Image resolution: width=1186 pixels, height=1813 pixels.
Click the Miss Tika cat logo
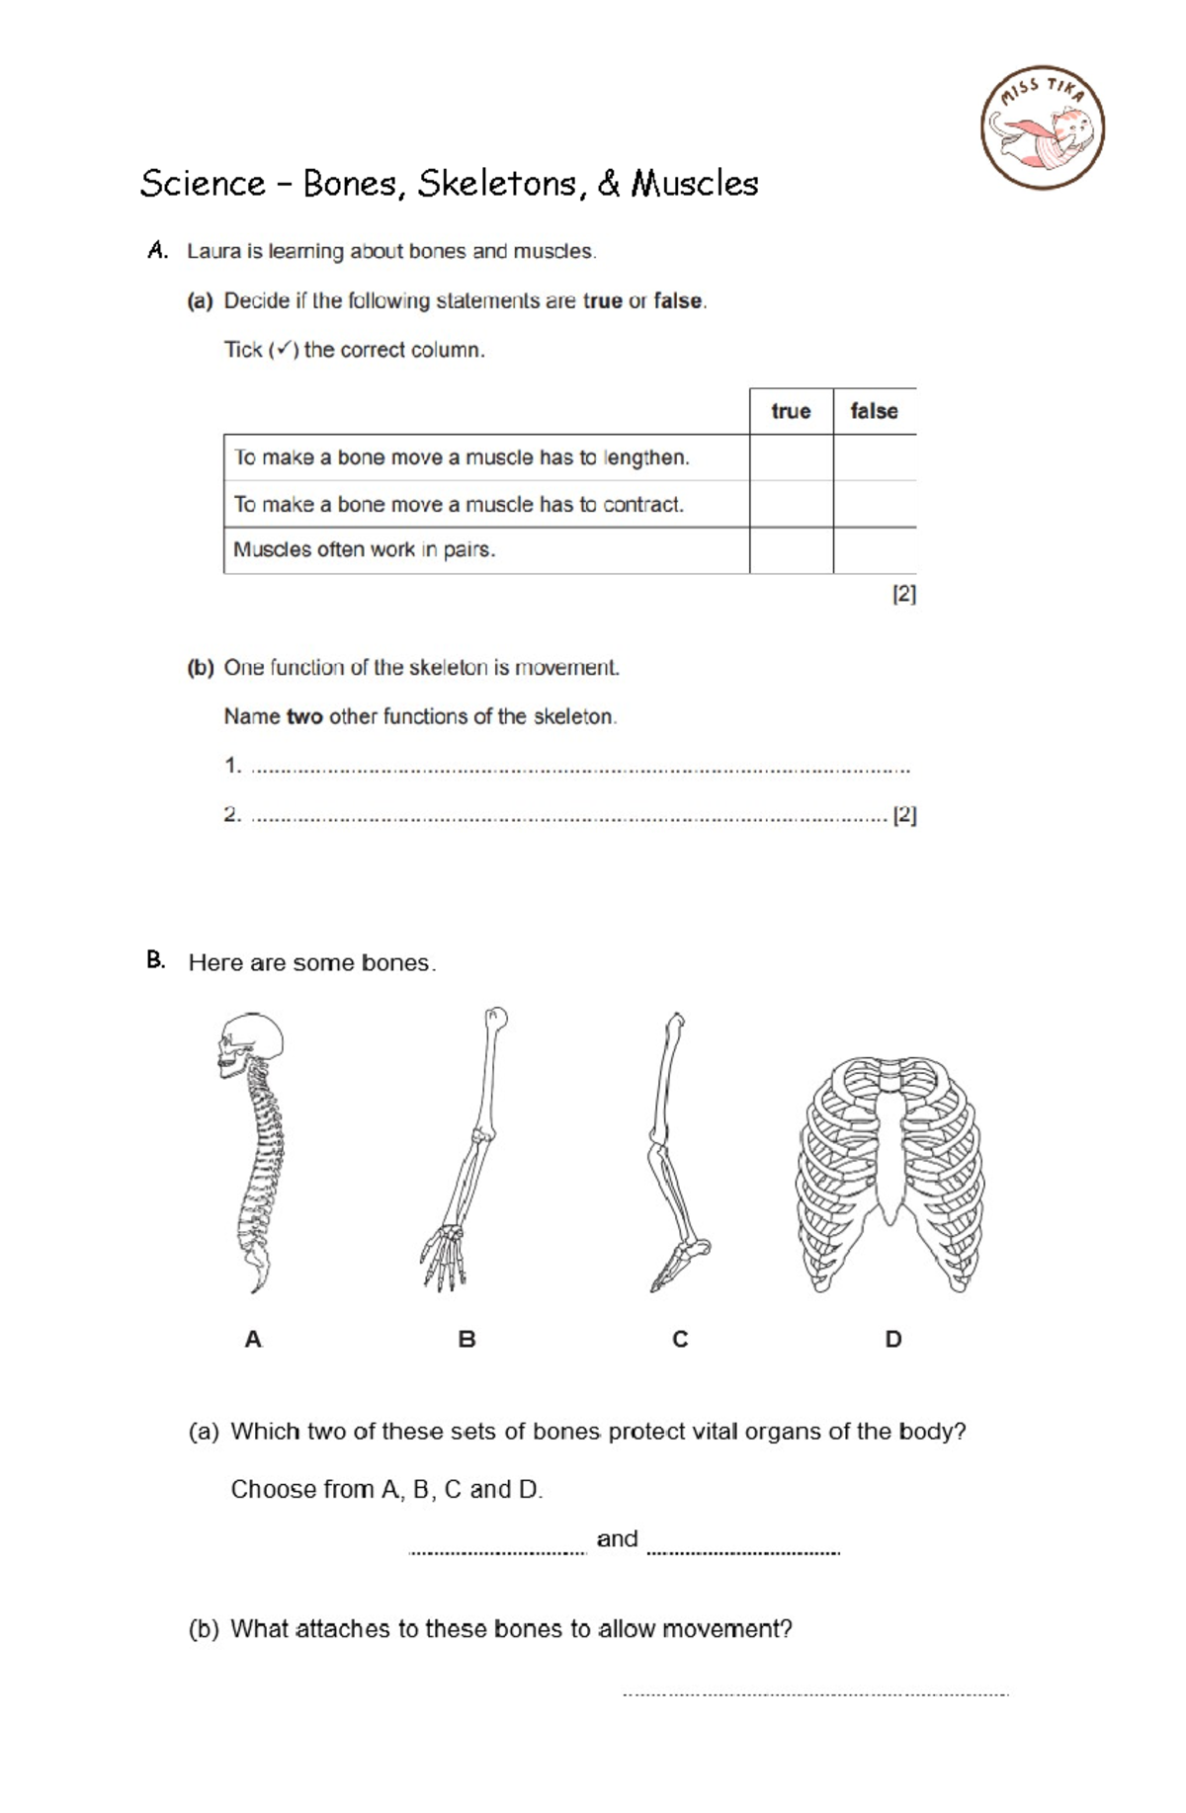pyautogui.click(x=1043, y=128)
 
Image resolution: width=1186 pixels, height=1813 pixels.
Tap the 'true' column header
pyautogui.click(x=791, y=411)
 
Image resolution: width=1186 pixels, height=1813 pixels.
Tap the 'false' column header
pyautogui.click(x=874, y=411)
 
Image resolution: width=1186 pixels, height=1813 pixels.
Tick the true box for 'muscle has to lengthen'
pyautogui.click(x=791, y=457)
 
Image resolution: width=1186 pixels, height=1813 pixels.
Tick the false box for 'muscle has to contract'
pyautogui.click(x=875, y=504)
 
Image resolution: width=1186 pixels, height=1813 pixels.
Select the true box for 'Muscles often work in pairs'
pyautogui.click(x=791, y=550)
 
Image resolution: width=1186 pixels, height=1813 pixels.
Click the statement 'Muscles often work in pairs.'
pyautogui.click(x=364, y=550)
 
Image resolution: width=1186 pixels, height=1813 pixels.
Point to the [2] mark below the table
pyautogui.click(x=903, y=594)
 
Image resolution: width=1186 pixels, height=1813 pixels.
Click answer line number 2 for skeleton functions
pyautogui.click(x=568, y=815)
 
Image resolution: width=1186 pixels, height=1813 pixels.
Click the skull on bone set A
pyautogui.click(x=249, y=1045)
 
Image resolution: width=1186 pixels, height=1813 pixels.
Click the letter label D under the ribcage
pyautogui.click(x=892, y=1340)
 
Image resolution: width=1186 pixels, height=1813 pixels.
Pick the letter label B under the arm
pyautogui.click(x=466, y=1340)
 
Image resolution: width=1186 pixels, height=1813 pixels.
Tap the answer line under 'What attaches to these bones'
pyautogui.click(x=815, y=1691)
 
